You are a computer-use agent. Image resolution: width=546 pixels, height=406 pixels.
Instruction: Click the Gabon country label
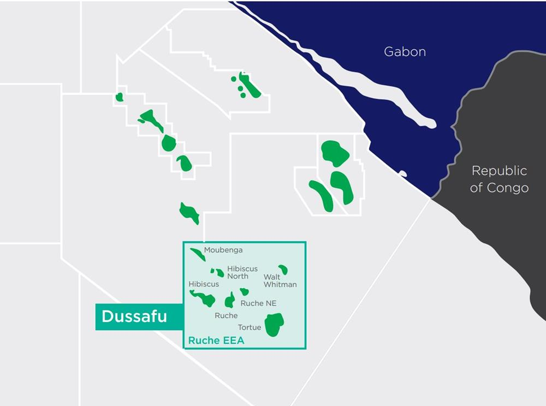click(405, 52)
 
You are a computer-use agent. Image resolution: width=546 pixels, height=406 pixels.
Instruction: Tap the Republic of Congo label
click(499, 179)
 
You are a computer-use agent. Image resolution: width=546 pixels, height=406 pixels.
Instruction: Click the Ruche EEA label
click(216, 341)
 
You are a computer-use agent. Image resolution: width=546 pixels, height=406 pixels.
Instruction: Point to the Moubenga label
click(223, 250)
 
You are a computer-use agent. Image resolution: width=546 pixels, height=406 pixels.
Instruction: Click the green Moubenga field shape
click(197, 254)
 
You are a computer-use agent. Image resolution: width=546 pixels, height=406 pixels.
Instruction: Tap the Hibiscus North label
click(242, 272)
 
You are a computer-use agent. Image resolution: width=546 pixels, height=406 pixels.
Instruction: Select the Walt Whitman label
click(280, 280)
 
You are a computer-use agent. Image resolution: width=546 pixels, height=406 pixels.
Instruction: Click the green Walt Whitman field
click(283, 269)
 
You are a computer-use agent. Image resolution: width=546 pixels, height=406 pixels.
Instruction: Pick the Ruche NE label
click(258, 303)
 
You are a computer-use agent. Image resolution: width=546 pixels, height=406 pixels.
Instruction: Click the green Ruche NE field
click(244, 291)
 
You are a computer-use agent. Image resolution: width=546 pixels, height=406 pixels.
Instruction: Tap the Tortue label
click(250, 327)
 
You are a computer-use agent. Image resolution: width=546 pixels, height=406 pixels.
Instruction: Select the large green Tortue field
click(274, 324)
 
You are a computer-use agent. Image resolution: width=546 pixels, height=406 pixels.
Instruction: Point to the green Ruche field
click(230, 300)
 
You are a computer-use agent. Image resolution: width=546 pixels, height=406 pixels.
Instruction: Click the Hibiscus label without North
click(204, 284)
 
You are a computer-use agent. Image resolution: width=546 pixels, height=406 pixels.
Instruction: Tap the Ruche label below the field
click(226, 315)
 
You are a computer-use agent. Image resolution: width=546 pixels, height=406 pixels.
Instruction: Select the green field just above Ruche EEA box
click(189, 212)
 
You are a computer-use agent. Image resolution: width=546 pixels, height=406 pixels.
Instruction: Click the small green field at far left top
click(120, 97)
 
